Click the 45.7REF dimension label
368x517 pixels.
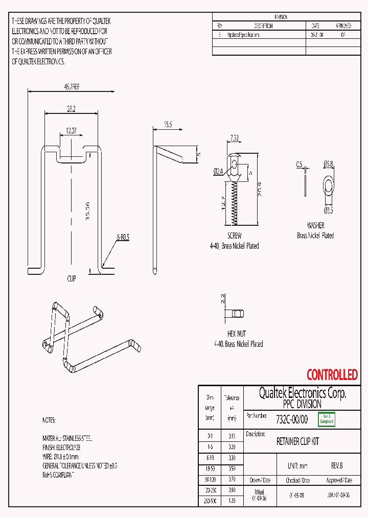(72, 87)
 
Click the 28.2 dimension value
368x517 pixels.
(71, 108)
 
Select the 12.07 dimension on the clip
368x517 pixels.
(71, 131)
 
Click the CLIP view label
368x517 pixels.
(72, 279)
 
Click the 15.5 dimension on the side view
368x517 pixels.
(168, 125)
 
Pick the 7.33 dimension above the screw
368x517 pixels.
(234, 137)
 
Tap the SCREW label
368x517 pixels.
(234, 236)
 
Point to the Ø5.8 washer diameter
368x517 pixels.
(328, 164)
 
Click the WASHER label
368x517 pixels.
(315, 225)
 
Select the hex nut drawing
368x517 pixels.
(237, 313)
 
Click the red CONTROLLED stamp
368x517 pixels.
(332, 375)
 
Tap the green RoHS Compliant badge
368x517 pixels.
(326, 419)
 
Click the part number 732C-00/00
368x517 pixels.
(292, 419)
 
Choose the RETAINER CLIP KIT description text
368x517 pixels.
(297, 441)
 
